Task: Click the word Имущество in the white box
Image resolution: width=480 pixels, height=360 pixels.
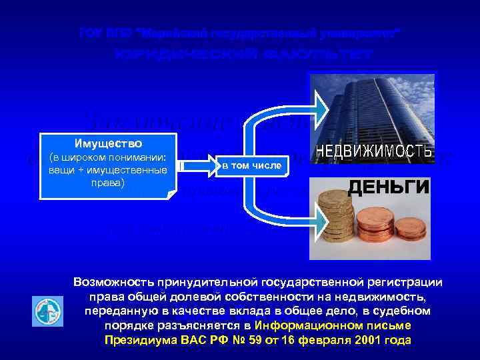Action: (107, 143)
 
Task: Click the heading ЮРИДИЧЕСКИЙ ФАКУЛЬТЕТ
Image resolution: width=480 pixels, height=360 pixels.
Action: (243, 54)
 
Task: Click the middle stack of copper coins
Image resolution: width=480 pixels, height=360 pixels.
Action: (371, 233)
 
